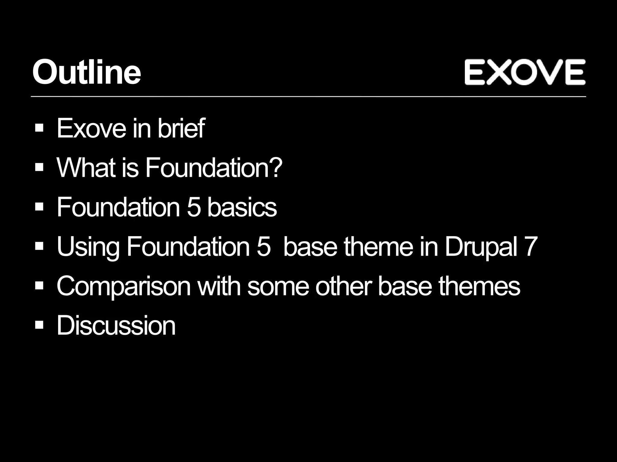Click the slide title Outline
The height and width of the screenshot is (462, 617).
tap(86, 72)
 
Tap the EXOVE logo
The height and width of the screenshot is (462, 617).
tap(525, 72)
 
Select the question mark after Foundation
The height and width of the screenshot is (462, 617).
tap(276, 168)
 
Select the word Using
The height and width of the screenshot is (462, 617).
tap(88, 247)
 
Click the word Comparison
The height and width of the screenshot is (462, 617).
tap(124, 286)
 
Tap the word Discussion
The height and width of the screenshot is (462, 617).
tap(116, 325)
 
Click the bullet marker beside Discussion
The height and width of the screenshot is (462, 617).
tap(39, 325)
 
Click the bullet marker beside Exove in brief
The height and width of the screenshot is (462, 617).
tap(39, 128)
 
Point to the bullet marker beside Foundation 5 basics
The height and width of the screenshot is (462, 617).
tap(39, 207)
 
